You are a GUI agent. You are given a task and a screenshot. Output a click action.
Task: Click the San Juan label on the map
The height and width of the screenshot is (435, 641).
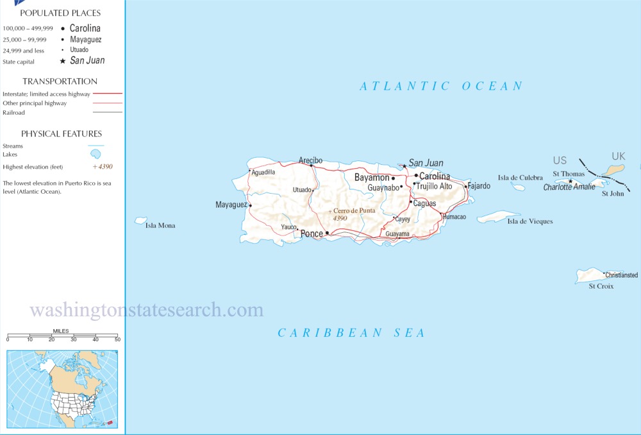click(x=426, y=163)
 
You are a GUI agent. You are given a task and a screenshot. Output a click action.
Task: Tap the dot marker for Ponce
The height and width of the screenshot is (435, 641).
click(x=327, y=234)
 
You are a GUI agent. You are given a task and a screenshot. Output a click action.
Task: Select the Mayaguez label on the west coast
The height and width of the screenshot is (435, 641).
click(x=231, y=205)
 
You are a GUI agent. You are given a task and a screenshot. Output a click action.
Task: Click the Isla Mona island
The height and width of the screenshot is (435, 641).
click(x=140, y=220)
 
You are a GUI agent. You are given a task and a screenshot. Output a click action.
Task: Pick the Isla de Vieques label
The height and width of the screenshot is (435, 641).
click(x=529, y=221)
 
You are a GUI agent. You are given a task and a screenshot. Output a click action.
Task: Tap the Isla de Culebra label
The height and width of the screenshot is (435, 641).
click(x=520, y=178)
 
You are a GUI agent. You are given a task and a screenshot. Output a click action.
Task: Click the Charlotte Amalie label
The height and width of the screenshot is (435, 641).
click(x=569, y=187)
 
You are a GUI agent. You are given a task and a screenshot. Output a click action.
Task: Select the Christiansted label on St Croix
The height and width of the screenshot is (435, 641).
click(x=622, y=275)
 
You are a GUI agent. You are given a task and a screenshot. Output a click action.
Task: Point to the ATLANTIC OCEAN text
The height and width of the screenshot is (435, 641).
click(x=441, y=86)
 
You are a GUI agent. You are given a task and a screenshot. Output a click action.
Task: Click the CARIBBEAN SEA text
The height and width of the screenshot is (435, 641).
click(x=351, y=332)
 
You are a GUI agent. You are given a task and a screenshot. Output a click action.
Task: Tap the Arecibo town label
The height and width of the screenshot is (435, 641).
click(x=310, y=160)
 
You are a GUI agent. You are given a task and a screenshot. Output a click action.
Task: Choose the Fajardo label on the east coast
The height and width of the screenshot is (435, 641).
click(x=479, y=186)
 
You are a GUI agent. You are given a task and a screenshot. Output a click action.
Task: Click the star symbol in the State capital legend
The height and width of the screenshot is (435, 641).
click(x=62, y=61)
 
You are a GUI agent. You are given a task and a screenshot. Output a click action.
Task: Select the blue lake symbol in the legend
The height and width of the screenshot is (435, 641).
click(x=96, y=155)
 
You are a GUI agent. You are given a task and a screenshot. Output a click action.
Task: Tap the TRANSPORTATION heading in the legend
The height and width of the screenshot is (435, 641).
click(x=60, y=81)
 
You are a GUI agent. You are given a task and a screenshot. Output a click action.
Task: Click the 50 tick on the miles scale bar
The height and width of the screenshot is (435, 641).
click(x=117, y=338)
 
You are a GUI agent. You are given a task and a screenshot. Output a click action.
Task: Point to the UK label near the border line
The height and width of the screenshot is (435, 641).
click(x=618, y=157)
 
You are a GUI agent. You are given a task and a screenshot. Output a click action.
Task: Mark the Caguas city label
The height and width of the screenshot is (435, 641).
click(x=424, y=203)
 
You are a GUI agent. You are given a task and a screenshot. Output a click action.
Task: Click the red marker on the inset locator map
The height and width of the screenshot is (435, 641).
click(x=109, y=422)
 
